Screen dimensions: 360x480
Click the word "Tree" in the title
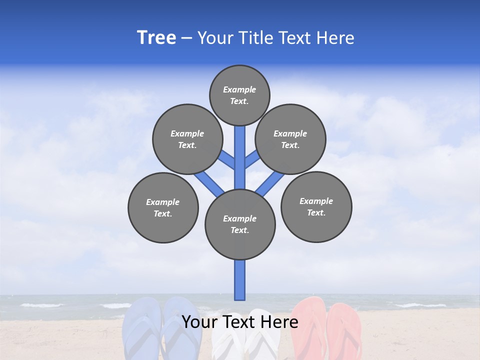click(x=156, y=38)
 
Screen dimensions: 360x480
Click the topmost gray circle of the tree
click(x=239, y=95)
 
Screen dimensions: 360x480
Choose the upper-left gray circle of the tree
click(x=187, y=139)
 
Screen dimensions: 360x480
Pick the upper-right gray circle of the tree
click(x=290, y=139)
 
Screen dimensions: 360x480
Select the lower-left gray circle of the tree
click(x=163, y=207)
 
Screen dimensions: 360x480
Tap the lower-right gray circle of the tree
click(x=316, y=206)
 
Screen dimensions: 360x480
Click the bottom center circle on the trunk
click(x=240, y=224)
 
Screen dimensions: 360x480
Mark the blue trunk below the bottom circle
click(x=240, y=280)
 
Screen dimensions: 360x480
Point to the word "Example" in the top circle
click(x=239, y=89)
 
